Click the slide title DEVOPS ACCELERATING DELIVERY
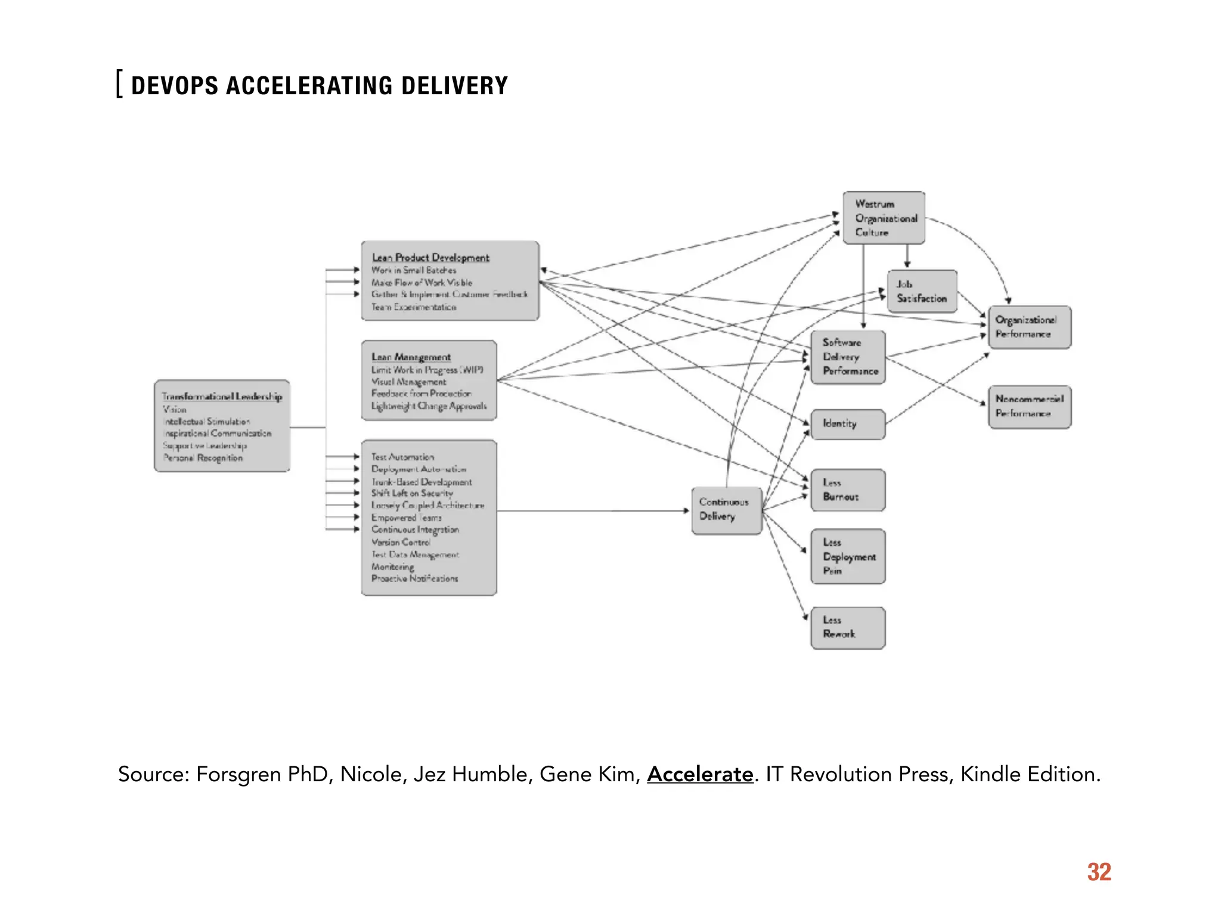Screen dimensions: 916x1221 point(319,86)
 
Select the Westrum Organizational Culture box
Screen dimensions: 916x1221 point(884,218)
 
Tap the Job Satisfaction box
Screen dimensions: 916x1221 point(921,292)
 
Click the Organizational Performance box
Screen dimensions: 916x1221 point(1029,327)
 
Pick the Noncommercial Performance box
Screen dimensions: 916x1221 point(1029,407)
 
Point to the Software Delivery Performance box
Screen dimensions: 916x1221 point(848,357)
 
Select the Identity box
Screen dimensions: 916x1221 point(847,424)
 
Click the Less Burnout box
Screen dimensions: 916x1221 point(847,490)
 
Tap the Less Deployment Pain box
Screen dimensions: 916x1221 point(847,556)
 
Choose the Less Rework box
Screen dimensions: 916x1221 point(847,628)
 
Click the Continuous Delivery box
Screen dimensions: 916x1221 point(726,510)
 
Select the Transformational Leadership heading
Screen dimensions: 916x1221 point(222,397)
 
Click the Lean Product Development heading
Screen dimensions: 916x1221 point(430,258)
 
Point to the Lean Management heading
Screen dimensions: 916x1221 point(411,357)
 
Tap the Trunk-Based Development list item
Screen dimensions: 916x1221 point(421,482)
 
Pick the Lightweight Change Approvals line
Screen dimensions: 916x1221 point(429,406)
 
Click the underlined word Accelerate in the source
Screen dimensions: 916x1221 point(700,775)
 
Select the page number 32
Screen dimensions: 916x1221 point(1099,872)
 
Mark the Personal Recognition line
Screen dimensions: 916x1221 point(203,458)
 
